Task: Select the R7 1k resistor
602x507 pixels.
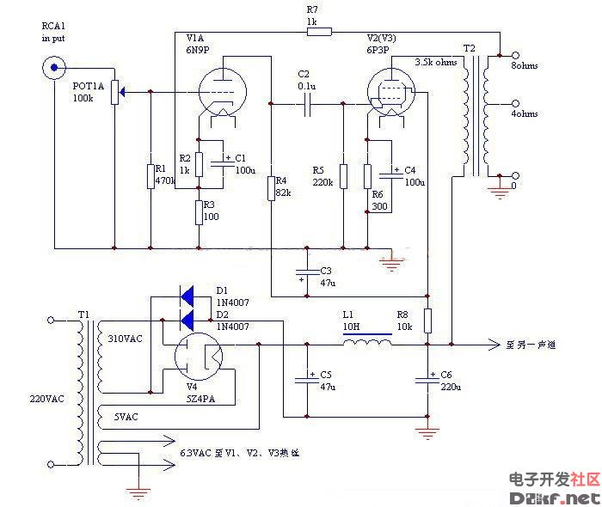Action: [x=318, y=33]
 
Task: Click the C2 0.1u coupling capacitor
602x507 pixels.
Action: [x=307, y=104]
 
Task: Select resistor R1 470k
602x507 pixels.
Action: [x=150, y=175]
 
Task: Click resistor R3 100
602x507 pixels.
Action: [x=200, y=211]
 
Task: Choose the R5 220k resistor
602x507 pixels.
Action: [x=342, y=175]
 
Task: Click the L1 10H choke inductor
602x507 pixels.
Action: [x=367, y=343]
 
